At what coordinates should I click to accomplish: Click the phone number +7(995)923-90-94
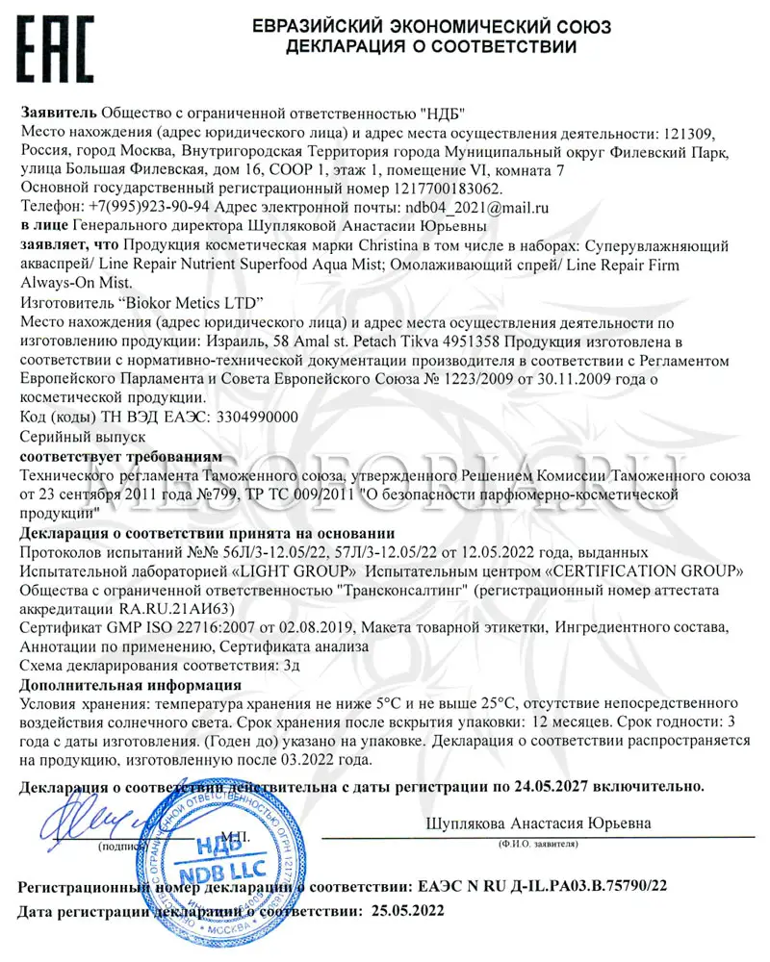click(x=145, y=207)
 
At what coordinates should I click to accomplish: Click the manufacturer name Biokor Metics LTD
click(x=183, y=302)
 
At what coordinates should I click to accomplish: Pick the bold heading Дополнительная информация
click(x=131, y=685)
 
